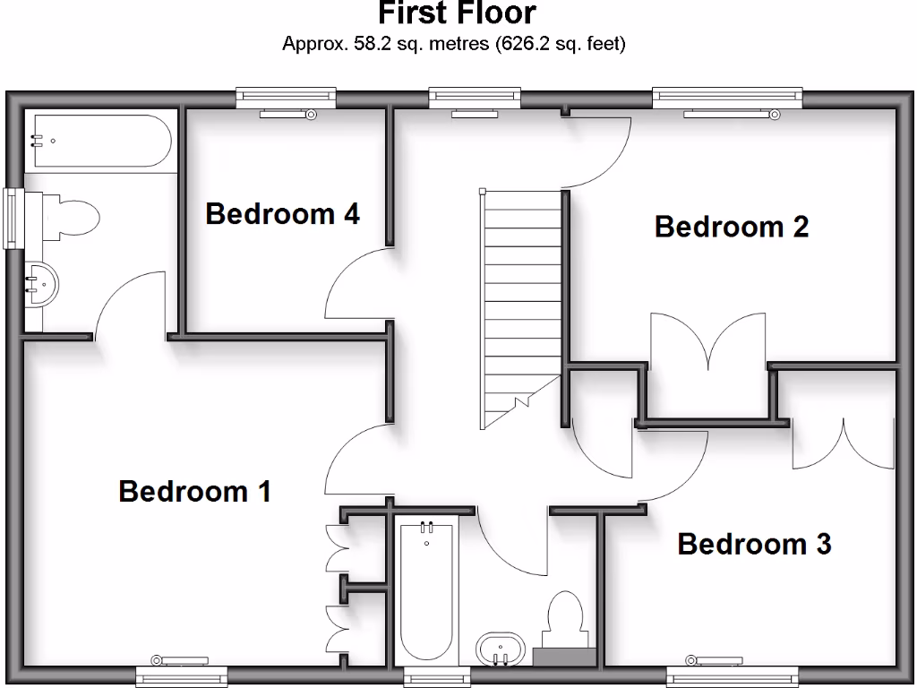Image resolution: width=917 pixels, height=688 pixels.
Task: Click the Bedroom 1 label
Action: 194,491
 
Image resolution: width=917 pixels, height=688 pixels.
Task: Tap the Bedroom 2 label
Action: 732,226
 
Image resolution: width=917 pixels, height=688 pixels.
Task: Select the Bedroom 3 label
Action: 754,543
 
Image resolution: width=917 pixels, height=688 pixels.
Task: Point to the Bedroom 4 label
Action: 282,213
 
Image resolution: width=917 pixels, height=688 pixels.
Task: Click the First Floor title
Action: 457,13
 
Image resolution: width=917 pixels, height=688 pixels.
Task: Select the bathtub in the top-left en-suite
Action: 97,140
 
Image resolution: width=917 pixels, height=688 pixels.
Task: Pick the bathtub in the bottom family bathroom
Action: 426,591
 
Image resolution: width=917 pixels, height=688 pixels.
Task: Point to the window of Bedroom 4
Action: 286,95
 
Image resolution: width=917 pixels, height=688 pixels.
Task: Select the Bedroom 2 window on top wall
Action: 727,95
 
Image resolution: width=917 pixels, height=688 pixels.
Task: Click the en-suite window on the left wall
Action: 13,218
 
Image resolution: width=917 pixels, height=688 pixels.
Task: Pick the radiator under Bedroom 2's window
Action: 727,114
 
